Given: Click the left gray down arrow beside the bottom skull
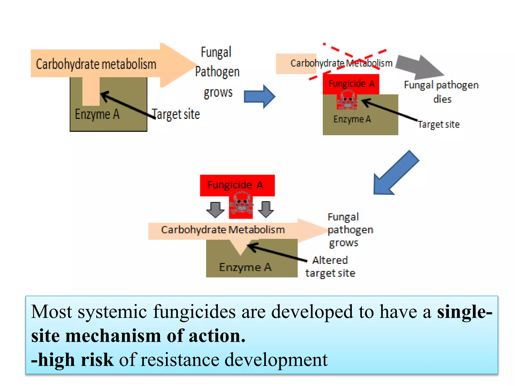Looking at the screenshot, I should click(x=215, y=209).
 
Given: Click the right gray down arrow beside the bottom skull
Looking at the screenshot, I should click(x=266, y=209).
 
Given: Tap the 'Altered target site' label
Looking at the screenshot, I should click(x=330, y=267).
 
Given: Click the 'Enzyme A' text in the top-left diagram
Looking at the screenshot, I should click(x=97, y=114).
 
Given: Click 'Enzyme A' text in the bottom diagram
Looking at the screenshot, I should click(x=245, y=267).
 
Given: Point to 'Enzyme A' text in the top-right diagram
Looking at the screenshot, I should click(x=352, y=119).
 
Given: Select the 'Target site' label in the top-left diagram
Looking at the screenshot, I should click(x=176, y=114).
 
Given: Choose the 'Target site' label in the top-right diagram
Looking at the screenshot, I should click(x=439, y=124).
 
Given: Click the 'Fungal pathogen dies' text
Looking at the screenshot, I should click(x=441, y=92).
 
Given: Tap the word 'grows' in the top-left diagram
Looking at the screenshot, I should click(x=218, y=92).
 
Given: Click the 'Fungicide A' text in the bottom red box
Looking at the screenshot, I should click(x=235, y=185).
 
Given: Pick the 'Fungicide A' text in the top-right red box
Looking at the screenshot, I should click(x=352, y=83).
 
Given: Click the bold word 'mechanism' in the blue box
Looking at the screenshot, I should click(x=113, y=336).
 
